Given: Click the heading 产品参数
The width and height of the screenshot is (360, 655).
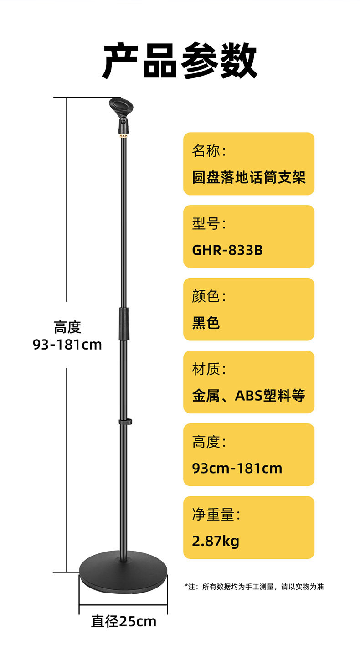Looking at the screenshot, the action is pyautogui.click(x=180, y=61).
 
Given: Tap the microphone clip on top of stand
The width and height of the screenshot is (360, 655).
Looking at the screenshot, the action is pyautogui.click(x=121, y=109).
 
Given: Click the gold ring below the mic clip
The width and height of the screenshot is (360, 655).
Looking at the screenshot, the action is pyautogui.click(x=123, y=135).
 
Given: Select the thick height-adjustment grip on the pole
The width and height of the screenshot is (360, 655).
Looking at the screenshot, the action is pyautogui.click(x=123, y=323).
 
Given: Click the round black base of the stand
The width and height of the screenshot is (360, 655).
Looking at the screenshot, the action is pyautogui.click(x=123, y=578).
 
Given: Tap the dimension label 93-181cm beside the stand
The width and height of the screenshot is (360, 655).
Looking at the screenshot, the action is pyautogui.click(x=67, y=345).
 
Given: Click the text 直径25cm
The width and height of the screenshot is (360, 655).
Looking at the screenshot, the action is pyautogui.click(x=123, y=621).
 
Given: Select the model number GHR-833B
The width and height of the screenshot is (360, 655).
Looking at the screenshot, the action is pyautogui.click(x=227, y=250).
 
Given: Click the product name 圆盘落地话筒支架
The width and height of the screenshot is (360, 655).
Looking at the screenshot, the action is pyautogui.click(x=248, y=177).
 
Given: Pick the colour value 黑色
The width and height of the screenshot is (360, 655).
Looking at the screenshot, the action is pyautogui.click(x=206, y=323).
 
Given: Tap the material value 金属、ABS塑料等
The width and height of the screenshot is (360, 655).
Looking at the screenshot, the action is pyautogui.click(x=248, y=395).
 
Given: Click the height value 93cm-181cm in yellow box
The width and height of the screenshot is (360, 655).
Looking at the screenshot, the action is pyautogui.click(x=237, y=468).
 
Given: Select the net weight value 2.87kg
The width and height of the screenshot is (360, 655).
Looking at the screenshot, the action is pyautogui.click(x=216, y=541).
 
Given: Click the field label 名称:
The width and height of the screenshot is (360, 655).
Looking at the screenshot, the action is pyautogui.click(x=209, y=151).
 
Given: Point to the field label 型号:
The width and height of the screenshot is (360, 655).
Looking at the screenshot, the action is pyautogui.click(x=209, y=224).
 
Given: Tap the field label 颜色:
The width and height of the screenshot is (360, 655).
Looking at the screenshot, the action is pyautogui.click(x=209, y=297).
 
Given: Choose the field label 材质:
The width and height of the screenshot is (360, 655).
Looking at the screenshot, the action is pyautogui.click(x=209, y=369).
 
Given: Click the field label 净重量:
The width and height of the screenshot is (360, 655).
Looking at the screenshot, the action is pyautogui.click(x=216, y=515).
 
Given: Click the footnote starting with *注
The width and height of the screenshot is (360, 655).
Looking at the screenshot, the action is pyautogui.click(x=254, y=587).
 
